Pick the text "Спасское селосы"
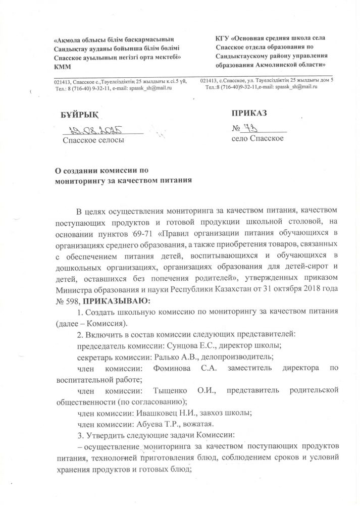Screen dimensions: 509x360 tap(93, 139)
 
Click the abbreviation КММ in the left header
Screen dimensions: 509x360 tap(63, 67)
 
